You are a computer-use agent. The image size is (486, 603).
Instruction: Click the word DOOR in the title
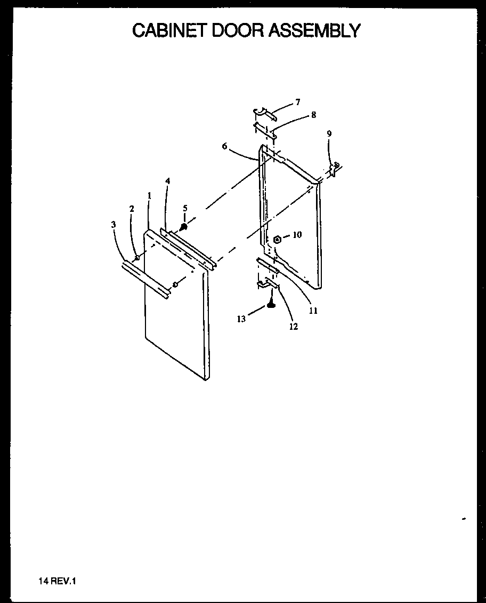point(238,30)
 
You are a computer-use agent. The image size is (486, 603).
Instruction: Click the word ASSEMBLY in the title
point(314,30)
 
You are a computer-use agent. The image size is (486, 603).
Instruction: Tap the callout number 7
point(298,102)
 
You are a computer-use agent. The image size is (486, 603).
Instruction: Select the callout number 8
point(313,115)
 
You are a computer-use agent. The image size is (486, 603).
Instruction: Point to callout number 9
point(329,134)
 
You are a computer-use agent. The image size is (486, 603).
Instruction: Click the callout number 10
point(297,234)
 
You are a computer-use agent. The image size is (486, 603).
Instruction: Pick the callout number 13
point(241,319)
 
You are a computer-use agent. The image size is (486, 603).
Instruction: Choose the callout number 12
point(293,327)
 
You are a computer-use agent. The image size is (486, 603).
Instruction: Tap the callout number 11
point(313,311)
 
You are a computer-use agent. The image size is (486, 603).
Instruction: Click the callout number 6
point(225,146)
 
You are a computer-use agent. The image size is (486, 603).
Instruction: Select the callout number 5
point(185,208)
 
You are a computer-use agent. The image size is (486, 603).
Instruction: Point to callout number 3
point(114,225)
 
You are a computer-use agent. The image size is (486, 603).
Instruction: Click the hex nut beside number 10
point(277,240)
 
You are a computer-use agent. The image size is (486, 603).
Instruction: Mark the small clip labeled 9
point(335,169)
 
